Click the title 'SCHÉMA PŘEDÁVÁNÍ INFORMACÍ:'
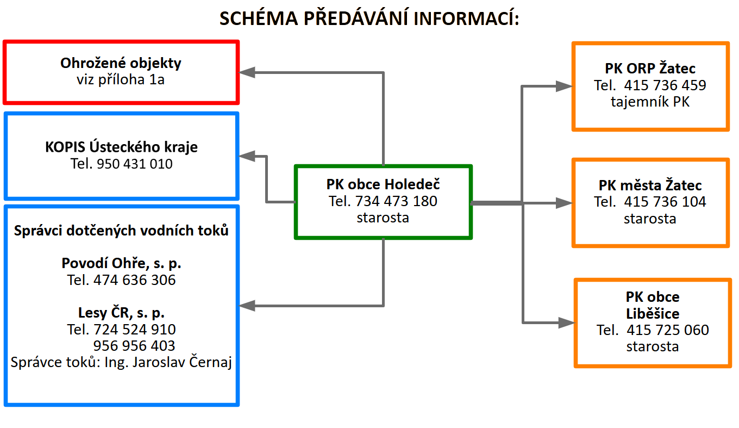pos(369,18)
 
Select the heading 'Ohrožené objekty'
pos(121,63)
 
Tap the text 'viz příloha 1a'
pos(121,80)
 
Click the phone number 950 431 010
pos(134,164)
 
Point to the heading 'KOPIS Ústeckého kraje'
pos(121,147)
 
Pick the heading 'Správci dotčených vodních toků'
pos(121,231)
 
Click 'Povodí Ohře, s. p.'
pos(121,264)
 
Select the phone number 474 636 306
pos(135,281)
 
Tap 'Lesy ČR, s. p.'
pos(121,313)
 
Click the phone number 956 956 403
pos(134,346)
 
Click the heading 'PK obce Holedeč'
pos(383,184)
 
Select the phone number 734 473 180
pos(396,201)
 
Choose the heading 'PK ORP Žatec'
pos(650,69)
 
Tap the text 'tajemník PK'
pos(650,102)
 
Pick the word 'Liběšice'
pos(653,314)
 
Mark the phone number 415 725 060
pos(668,330)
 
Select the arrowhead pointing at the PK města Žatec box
pos(565,203)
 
